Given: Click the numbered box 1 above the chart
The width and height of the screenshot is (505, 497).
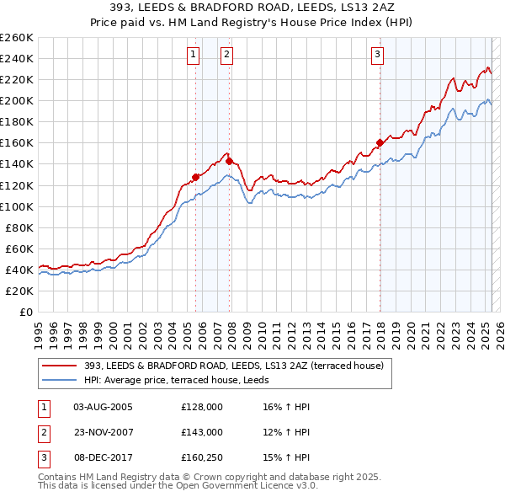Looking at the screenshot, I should pyautogui.click(x=194, y=55).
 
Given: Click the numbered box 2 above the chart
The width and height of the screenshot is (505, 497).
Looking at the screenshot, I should pyautogui.click(x=227, y=55).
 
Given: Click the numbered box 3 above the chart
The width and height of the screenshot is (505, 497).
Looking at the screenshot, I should pyautogui.click(x=378, y=55).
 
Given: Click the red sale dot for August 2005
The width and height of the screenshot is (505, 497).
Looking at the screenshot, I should pyautogui.click(x=195, y=176).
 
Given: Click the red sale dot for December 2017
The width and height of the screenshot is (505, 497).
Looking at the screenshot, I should pyautogui.click(x=380, y=142).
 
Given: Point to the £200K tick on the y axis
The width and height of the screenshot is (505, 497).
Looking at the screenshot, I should pyautogui.click(x=18, y=100).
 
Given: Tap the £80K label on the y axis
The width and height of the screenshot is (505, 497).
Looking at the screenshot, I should pyautogui.click(x=20, y=227).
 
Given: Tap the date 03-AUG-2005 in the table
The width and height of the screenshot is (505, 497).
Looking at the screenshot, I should pyautogui.click(x=103, y=407).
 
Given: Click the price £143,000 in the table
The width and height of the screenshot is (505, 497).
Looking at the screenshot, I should pyautogui.click(x=201, y=432).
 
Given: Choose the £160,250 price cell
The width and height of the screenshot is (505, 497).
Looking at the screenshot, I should pyautogui.click(x=201, y=457).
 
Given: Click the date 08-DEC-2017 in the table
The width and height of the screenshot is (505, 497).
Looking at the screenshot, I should pyautogui.click(x=103, y=457).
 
